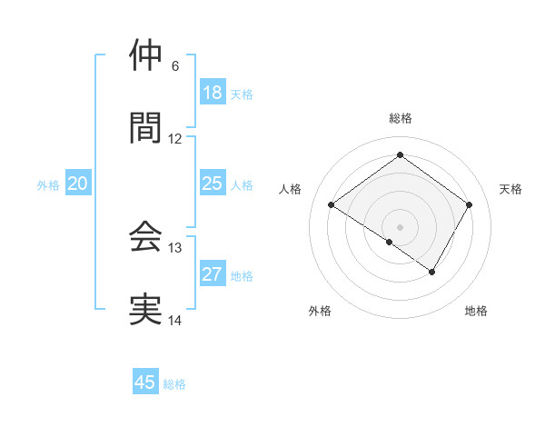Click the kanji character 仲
tap(145, 55)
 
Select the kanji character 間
tap(145, 128)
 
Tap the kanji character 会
tap(145, 237)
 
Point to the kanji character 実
tap(145, 310)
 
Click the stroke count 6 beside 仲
tap(175, 66)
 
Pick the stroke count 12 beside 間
tap(175, 139)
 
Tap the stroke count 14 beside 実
tap(175, 321)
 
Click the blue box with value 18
tap(212, 93)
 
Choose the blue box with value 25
tap(212, 184)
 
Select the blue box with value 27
tap(212, 274)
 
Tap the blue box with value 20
tap(78, 184)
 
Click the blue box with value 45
tap(145, 382)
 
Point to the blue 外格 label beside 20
tap(48, 185)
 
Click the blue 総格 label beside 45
tap(174, 384)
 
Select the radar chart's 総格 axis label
tap(400, 118)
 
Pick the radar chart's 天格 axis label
tap(510, 189)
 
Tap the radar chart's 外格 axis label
tap(320, 311)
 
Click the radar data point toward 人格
tap(332, 205)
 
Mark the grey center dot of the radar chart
tap(400, 225)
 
